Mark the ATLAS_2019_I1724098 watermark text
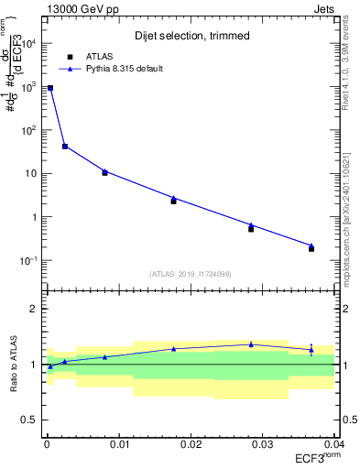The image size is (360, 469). click(x=191, y=273)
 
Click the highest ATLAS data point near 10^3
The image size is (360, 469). click(x=50, y=88)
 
